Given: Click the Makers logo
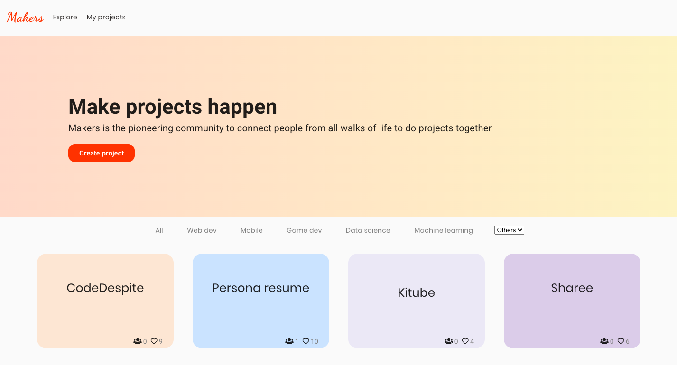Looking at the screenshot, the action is point(25,17).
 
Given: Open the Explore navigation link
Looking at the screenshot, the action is point(65,17).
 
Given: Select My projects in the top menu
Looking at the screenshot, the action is point(106,17).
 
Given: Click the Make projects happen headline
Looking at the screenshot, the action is point(173,107).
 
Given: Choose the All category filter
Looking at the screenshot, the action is point(159,230).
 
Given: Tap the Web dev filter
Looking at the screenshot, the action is point(202,230).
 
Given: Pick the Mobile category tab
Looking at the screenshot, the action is point(251,230).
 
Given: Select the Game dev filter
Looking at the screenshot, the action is point(304,230).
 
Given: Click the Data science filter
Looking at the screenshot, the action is point(368,230).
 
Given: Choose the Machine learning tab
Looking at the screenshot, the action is point(444,230).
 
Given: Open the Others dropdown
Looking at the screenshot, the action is point(509,230).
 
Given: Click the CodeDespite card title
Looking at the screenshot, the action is point(105,288).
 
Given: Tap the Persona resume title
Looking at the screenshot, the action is point(260,288).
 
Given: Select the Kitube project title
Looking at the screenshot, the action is point(416,292).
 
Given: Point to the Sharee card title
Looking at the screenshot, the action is point(572,288).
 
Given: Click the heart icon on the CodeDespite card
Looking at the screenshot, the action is point(154,341).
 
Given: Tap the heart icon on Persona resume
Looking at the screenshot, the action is point(306,341).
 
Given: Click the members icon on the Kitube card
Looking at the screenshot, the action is point(448,341).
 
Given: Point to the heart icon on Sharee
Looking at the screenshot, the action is point(621,341).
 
